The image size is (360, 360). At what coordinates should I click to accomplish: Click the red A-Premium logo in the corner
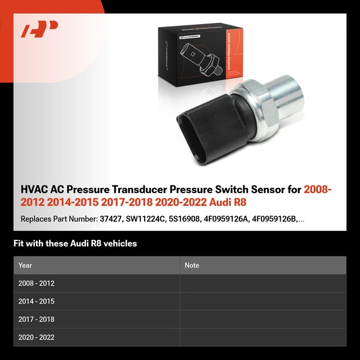click(x=39, y=29)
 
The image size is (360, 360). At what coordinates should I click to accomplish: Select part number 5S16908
click(x=191, y=219)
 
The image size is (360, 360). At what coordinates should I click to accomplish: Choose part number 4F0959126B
click(x=282, y=219)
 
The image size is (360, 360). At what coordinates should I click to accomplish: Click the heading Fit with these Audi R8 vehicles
click(x=75, y=244)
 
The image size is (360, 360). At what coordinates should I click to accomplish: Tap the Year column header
click(x=25, y=265)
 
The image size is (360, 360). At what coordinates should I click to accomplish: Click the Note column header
click(x=192, y=265)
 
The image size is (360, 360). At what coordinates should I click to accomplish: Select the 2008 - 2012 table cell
click(x=37, y=283)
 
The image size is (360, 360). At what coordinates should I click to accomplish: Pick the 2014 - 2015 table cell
click(x=37, y=301)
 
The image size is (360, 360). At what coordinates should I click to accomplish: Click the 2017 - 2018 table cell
click(x=37, y=319)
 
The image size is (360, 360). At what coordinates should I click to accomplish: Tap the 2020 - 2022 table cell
click(x=37, y=337)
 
